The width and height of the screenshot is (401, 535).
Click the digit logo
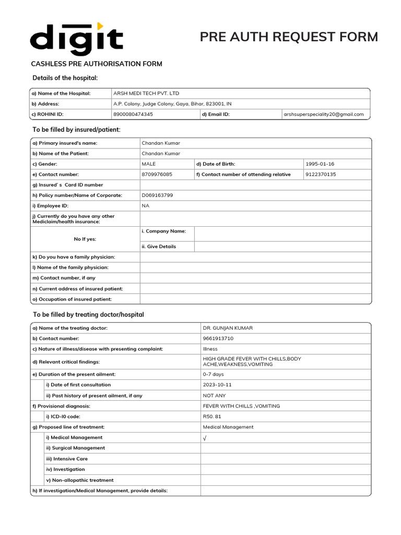76,39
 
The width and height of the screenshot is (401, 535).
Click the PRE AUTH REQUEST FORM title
289,37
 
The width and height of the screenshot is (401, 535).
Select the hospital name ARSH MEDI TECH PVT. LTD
146,93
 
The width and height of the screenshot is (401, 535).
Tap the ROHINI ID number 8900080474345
133,114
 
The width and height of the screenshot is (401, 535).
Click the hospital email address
324,114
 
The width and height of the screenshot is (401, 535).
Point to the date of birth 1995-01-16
320,164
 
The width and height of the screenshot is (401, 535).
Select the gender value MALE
149,164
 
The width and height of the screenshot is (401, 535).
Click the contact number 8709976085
157,175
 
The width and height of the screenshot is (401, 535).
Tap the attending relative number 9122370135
321,175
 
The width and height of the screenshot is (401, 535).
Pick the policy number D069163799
157,195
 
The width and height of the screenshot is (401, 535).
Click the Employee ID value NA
146,206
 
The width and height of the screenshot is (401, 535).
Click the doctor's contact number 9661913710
218,339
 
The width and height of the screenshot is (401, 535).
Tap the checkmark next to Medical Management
205,438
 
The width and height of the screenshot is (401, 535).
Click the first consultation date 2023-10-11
217,385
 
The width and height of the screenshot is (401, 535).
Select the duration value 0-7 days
214,374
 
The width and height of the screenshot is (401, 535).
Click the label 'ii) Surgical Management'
75,448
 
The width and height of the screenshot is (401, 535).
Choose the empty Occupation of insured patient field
255,299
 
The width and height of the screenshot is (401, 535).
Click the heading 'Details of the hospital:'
65,78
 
